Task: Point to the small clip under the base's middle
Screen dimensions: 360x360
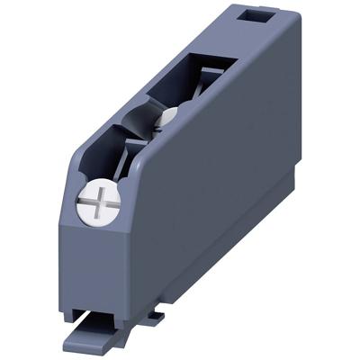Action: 155,314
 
